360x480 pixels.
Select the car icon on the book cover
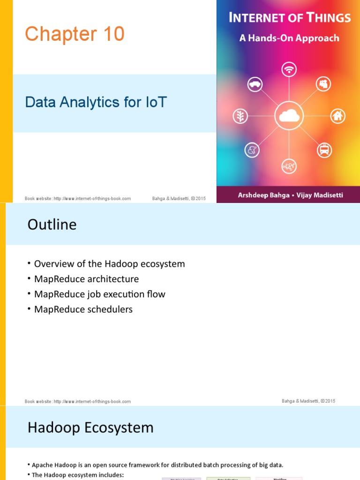pos(255,84)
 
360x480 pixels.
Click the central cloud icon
pos(289,115)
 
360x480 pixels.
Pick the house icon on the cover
pos(338,116)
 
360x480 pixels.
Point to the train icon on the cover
pos(324,150)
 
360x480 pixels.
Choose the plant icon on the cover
pos(240,116)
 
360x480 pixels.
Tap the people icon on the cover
pos(324,84)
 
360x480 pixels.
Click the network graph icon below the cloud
pos(288,165)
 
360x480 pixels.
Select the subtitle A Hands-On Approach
pos(289,38)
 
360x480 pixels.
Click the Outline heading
pos(52,225)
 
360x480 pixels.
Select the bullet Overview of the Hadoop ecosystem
pos(110,264)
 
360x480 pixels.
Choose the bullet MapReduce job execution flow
pos(100,294)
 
